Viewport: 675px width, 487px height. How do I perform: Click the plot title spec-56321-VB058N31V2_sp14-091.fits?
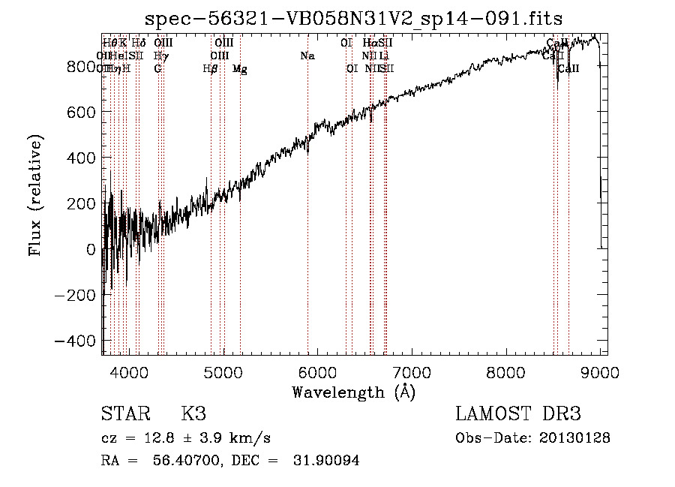(x=353, y=17)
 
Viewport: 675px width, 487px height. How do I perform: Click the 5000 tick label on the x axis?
(x=223, y=371)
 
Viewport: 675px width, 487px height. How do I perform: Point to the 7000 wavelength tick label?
(x=412, y=371)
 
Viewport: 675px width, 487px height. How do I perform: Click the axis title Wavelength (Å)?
(x=353, y=392)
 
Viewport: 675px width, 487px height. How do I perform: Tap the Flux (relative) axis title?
(x=35, y=195)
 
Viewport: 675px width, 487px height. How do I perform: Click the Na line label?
(x=307, y=56)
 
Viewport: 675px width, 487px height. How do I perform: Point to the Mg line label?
(x=239, y=69)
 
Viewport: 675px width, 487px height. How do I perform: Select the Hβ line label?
(x=210, y=69)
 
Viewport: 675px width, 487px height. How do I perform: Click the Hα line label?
(x=369, y=43)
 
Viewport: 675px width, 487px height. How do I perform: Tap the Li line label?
(x=383, y=56)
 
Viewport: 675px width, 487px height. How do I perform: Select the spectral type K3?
(x=193, y=414)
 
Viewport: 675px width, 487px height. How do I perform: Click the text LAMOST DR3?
(x=518, y=414)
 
